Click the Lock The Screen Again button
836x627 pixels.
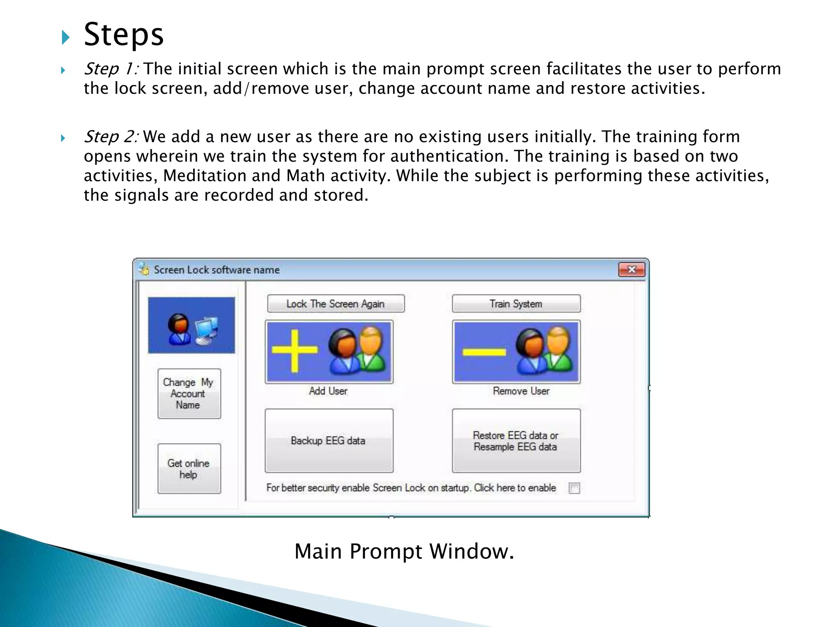(336, 304)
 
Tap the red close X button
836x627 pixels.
(631, 270)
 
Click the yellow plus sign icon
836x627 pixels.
(294, 351)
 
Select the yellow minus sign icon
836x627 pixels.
(484, 351)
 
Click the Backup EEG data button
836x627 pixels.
(329, 441)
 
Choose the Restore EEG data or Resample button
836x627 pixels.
(516, 441)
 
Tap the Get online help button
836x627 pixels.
(189, 469)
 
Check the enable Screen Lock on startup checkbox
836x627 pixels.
(574, 488)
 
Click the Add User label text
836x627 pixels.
(328, 391)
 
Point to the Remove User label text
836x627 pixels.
(521, 391)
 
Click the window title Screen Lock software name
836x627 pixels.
(216, 270)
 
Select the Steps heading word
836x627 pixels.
(124, 35)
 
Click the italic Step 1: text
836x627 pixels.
(111, 69)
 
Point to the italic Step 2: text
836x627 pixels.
(111, 137)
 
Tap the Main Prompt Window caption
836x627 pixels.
(404, 551)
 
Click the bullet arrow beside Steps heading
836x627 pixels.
(65, 38)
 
